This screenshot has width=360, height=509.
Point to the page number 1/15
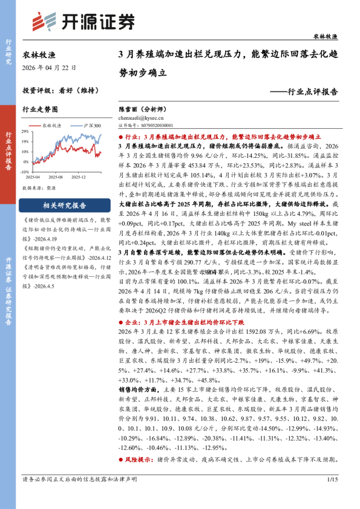pos(331,479)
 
